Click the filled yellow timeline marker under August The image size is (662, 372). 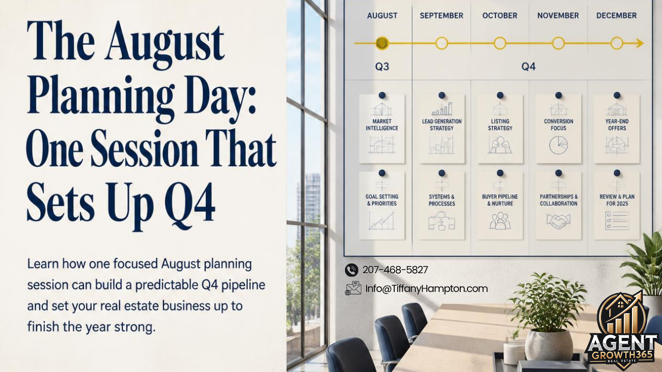382,43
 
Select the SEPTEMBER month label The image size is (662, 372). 442,16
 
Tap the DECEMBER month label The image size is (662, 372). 616,16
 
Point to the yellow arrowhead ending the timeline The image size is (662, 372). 639,43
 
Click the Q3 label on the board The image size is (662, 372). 382,67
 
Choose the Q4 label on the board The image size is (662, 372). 529,67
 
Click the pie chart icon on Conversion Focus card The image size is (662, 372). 559,145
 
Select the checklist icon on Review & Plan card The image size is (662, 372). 617,221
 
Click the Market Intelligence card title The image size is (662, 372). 382,125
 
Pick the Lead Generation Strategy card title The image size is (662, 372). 442,125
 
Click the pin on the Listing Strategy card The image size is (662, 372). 500,95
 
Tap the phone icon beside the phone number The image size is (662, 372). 351,270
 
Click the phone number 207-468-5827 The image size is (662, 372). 395,270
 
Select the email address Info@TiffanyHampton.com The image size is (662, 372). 427,289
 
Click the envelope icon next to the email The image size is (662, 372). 353,288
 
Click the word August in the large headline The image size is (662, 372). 165,41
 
